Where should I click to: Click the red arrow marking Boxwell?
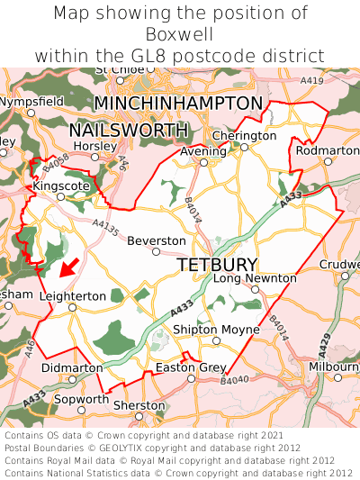67,267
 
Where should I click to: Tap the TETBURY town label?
217,265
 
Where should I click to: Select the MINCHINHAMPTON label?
178,104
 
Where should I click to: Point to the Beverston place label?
157,241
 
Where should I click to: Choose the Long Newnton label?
255,278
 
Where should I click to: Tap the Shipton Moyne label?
215,330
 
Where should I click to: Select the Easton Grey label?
190,367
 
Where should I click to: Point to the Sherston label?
139,405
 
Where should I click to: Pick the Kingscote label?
60,185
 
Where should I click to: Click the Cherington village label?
244,135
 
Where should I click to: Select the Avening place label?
202,151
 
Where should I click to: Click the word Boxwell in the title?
180,34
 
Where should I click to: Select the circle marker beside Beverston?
156,252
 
